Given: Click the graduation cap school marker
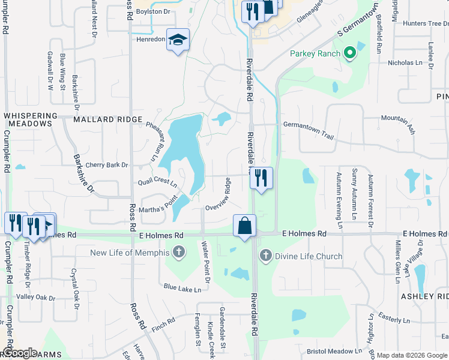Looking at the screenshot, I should point(178,40).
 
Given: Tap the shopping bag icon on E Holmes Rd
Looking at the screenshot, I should point(245,226).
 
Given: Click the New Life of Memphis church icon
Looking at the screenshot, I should point(178,253).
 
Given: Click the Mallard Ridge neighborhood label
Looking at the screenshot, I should point(108,119).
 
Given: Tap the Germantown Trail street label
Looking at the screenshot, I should point(308,130).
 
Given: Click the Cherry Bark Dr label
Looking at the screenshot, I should point(107,165).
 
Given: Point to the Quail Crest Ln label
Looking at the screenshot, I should point(157,182).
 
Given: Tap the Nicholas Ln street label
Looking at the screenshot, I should point(405,62).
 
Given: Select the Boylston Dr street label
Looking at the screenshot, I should point(153,11).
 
